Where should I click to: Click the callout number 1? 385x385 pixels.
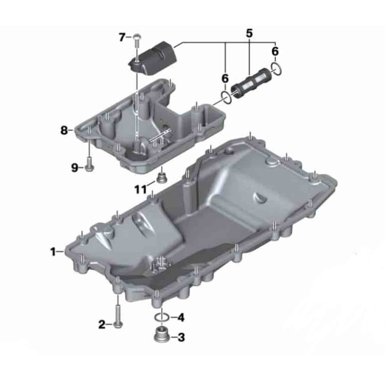point(53,252)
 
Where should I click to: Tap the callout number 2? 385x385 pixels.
point(101,324)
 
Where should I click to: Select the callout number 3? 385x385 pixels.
point(181,337)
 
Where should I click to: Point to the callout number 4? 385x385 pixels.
point(181,318)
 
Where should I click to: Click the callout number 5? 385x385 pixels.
point(249,33)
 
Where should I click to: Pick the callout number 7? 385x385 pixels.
point(122,37)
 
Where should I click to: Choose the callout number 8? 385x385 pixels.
point(64,131)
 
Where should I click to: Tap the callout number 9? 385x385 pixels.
point(75,168)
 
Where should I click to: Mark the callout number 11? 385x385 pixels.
point(140,189)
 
